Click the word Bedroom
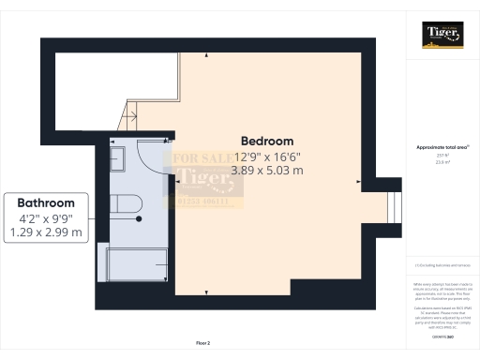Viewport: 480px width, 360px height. click(267, 141)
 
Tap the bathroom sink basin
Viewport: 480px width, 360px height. click(117, 157)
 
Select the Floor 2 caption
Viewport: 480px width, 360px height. click(204, 344)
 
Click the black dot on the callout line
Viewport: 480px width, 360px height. click(139, 217)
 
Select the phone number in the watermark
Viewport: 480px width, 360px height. click(203, 201)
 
